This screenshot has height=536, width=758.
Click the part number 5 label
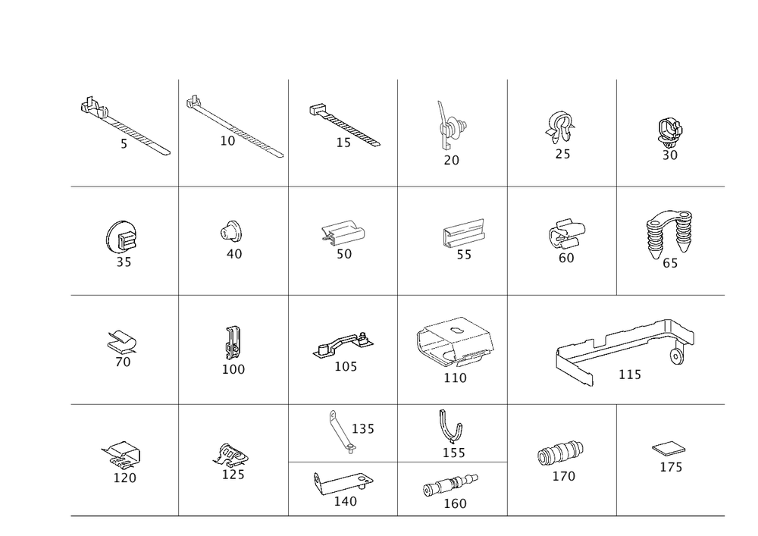[x=124, y=143]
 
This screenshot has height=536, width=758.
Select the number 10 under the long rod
[x=227, y=141]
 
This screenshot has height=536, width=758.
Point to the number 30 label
[x=669, y=155]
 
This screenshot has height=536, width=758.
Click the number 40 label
[x=234, y=254]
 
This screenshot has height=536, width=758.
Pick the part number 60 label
[x=565, y=257]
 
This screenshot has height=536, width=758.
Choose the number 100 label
[x=232, y=368]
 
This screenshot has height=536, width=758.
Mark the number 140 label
[x=345, y=500]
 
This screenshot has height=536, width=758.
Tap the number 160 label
[x=455, y=503]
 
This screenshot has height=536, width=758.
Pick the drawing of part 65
[x=670, y=231]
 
